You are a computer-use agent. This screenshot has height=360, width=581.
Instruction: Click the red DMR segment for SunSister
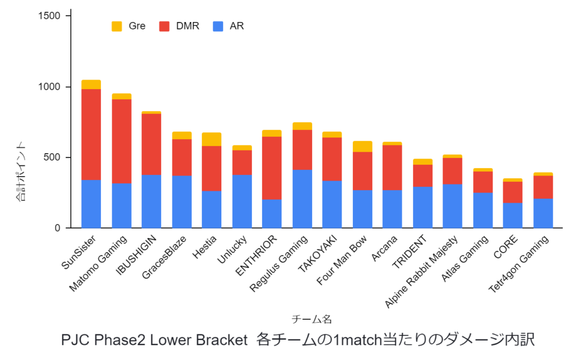91,135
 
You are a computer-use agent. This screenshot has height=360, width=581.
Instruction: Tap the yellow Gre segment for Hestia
212,139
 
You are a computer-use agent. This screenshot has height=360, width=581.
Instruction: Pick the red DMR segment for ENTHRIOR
272,168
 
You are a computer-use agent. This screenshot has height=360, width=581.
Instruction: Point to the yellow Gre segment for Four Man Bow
362,146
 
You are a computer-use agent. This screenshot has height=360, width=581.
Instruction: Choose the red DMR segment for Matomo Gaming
121,141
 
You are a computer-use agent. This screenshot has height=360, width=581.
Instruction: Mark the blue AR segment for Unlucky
242,201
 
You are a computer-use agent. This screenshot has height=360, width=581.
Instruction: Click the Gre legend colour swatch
117,26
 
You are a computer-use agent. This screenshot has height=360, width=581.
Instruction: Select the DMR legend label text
187,26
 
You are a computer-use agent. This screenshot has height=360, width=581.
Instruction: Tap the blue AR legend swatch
218,26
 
